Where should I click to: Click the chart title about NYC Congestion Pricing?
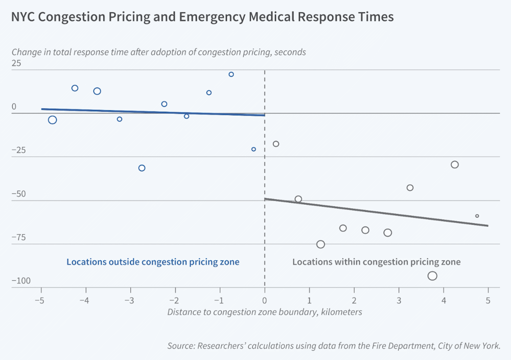click(202, 17)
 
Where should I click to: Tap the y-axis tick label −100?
click(21, 281)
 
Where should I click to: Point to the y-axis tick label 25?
click(16, 63)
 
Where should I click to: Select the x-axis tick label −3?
click(129, 300)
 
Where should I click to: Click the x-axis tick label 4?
click(444, 300)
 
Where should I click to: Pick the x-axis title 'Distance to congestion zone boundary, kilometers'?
click(265, 312)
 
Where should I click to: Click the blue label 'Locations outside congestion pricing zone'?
click(153, 262)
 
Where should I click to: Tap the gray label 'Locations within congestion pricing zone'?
click(377, 262)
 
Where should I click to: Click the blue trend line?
click(153, 112)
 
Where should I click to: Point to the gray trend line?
click(377, 212)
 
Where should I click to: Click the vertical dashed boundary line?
click(265, 179)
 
